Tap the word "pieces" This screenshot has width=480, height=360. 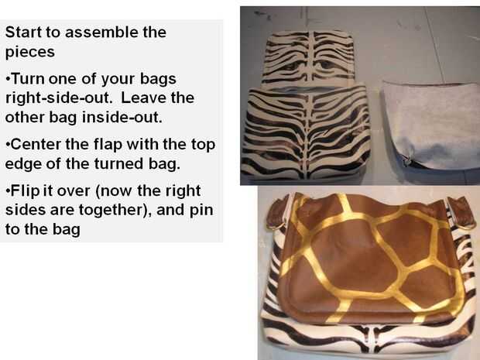[x=30, y=53]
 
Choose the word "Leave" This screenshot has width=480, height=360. [x=143, y=98]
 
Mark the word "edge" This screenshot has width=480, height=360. [x=23, y=164]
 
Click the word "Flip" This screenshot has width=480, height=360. [x=25, y=191]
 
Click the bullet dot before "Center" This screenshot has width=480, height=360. [x=7, y=145]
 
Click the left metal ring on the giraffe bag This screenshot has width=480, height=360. [x=275, y=227]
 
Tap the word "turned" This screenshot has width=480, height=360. [x=118, y=164]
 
